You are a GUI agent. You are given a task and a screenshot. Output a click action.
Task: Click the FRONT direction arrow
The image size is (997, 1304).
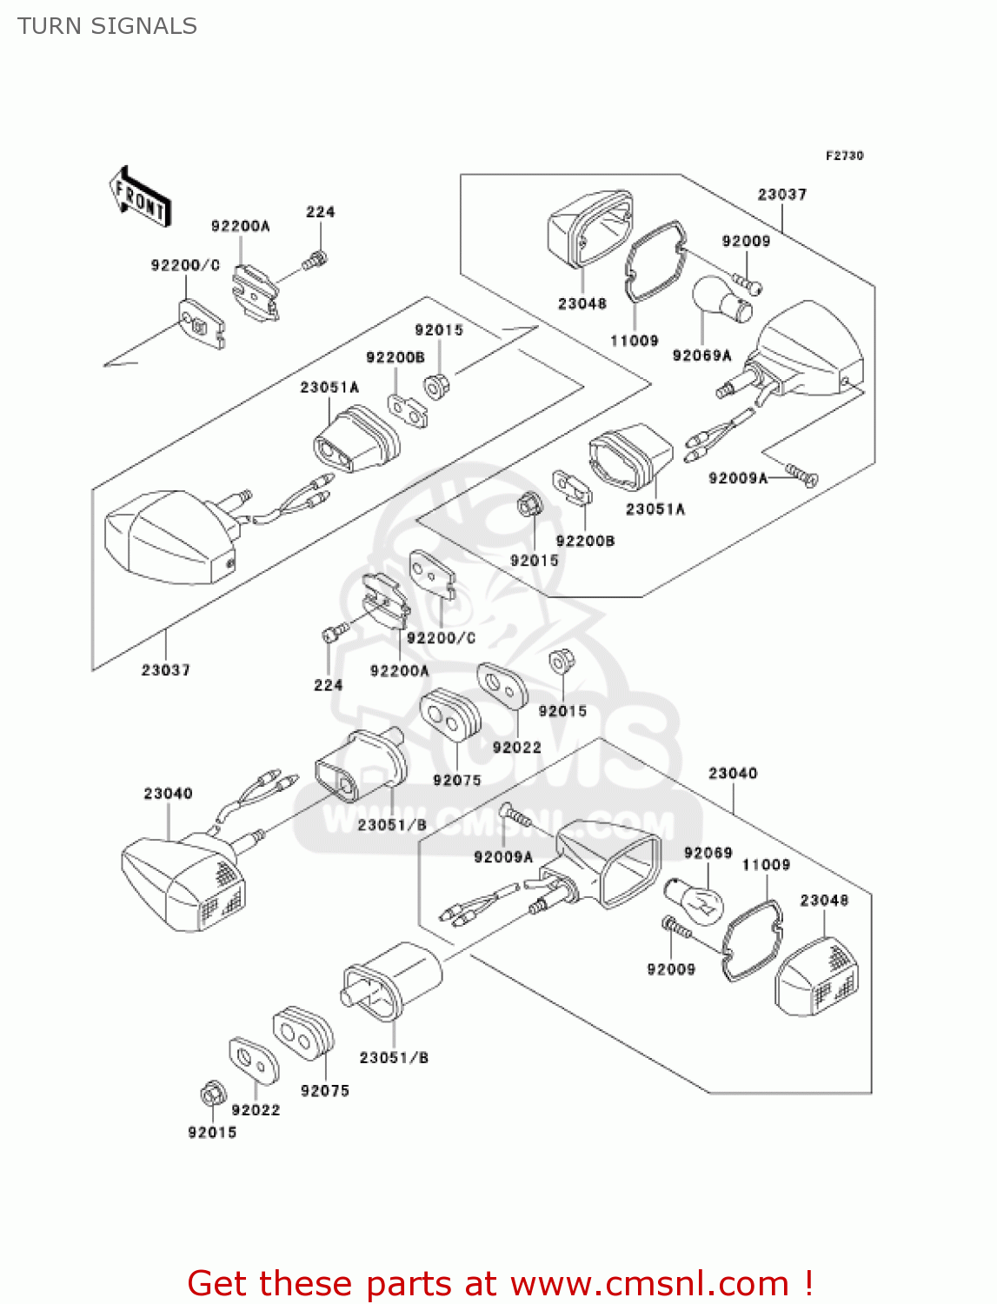pos(140,198)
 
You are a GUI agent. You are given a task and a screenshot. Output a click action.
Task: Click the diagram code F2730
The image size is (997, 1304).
pos(844,156)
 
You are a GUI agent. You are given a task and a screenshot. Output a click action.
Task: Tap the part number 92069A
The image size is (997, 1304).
pos(701,355)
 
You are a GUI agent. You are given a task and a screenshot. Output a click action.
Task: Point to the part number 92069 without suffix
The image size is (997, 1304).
pos(708,853)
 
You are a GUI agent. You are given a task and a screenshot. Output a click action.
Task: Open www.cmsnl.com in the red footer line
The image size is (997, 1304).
pos(649,1283)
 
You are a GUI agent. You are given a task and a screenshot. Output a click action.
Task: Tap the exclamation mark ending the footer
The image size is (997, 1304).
pos(808,1283)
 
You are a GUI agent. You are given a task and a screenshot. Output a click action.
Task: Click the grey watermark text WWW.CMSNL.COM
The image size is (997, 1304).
pos(498,822)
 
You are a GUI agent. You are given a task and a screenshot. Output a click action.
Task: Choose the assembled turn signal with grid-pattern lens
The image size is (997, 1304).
pos(184,881)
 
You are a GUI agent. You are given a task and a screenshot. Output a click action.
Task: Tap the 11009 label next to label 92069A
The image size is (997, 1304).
pos(634,341)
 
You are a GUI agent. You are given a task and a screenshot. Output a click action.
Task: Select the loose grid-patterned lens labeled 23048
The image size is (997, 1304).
pos(817,976)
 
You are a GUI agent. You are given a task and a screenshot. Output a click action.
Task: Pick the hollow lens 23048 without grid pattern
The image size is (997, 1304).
pos(590,229)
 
